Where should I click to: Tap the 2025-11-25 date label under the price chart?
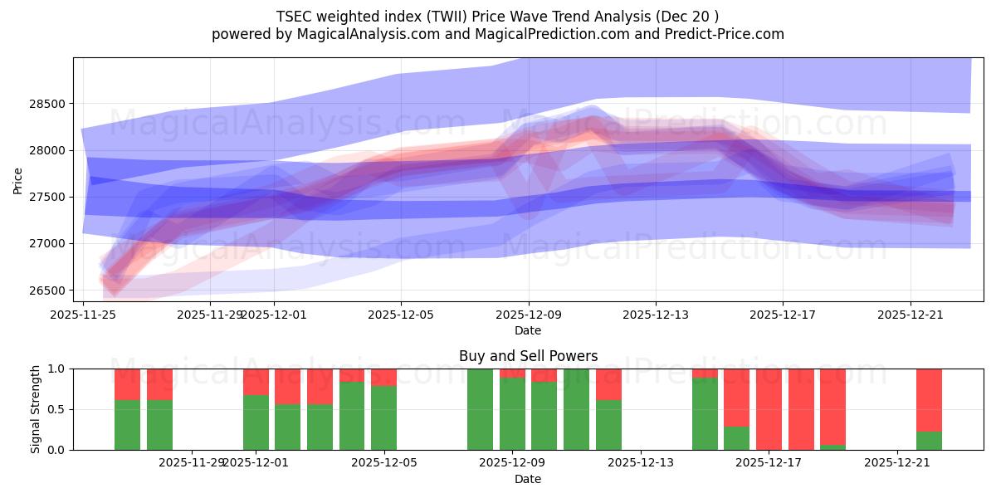tap(83, 315)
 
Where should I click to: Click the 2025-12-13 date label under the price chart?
tap(656, 315)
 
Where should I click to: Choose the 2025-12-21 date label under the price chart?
tap(911, 315)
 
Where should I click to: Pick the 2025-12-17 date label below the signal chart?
tap(769, 463)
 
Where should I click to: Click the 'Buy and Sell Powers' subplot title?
tap(528, 356)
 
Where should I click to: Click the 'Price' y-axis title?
tap(18, 179)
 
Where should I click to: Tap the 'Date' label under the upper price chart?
tap(528, 330)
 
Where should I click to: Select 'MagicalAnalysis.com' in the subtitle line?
tap(361, 34)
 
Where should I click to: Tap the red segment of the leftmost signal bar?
tap(127, 384)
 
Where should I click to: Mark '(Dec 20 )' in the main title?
tap(690, 16)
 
